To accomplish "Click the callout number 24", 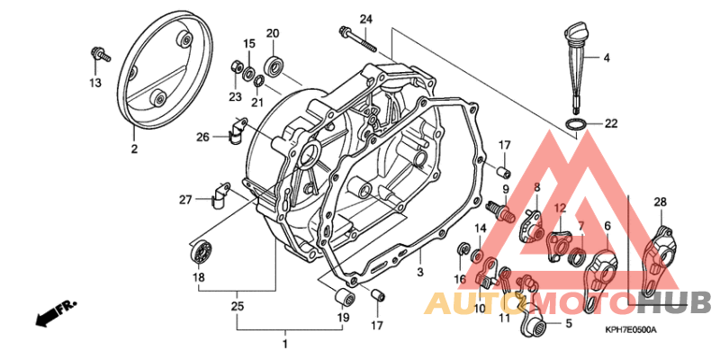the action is coord(366,19).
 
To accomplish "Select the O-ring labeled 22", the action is coord(576,124).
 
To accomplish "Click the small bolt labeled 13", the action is coord(100,54).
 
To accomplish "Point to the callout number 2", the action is coord(134,149).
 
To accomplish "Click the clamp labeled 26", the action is coord(236,130).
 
